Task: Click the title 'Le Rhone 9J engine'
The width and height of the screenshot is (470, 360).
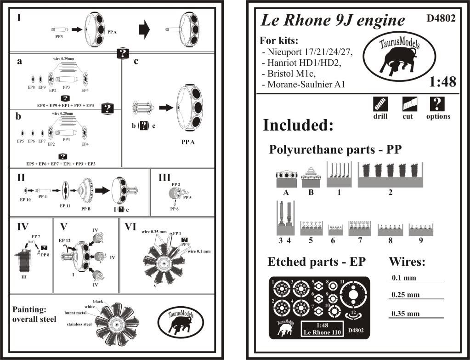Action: coord(333,20)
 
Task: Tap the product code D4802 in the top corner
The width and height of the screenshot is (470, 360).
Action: coord(441,18)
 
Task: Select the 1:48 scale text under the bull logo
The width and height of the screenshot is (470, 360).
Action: coord(442,82)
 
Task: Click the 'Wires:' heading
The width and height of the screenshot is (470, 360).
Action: coord(407,262)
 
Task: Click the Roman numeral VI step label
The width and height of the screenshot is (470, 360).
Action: coord(126,226)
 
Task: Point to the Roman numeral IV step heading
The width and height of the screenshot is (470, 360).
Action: coord(23,226)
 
